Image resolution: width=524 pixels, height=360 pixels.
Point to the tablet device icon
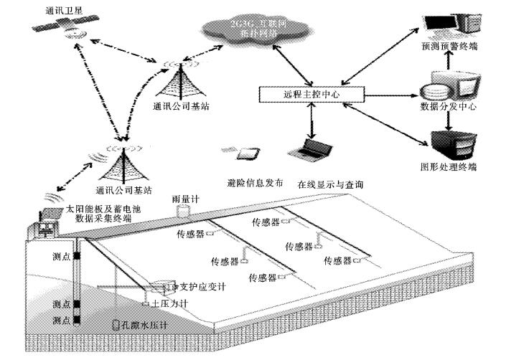point(248,153)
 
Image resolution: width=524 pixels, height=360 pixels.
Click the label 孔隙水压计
point(147,324)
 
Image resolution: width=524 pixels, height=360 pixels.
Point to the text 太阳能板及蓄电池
point(98,209)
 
